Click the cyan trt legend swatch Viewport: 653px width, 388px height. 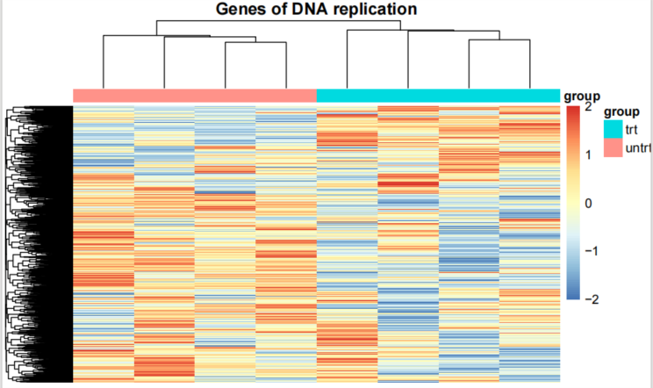(x=613, y=129)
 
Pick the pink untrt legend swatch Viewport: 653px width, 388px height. (x=613, y=147)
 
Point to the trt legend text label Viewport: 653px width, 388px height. (x=631, y=130)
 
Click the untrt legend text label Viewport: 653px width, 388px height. (x=638, y=147)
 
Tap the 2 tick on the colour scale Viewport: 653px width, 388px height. (x=588, y=106)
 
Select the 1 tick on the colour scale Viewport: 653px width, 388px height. (x=588, y=155)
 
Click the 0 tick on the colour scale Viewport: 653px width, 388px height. (x=588, y=203)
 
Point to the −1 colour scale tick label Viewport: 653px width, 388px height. (x=592, y=251)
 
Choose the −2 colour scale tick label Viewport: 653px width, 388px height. (x=592, y=299)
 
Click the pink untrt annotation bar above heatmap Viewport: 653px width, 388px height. (x=195, y=96)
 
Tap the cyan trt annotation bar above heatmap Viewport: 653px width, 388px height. (x=438, y=96)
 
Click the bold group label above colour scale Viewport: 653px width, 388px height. (x=582, y=97)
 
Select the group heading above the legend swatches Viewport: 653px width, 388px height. (x=621, y=111)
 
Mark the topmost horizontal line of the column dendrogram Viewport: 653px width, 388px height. (x=278, y=20)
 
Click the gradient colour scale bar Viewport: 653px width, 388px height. (x=573, y=203)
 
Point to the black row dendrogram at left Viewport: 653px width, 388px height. (x=39, y=244)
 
